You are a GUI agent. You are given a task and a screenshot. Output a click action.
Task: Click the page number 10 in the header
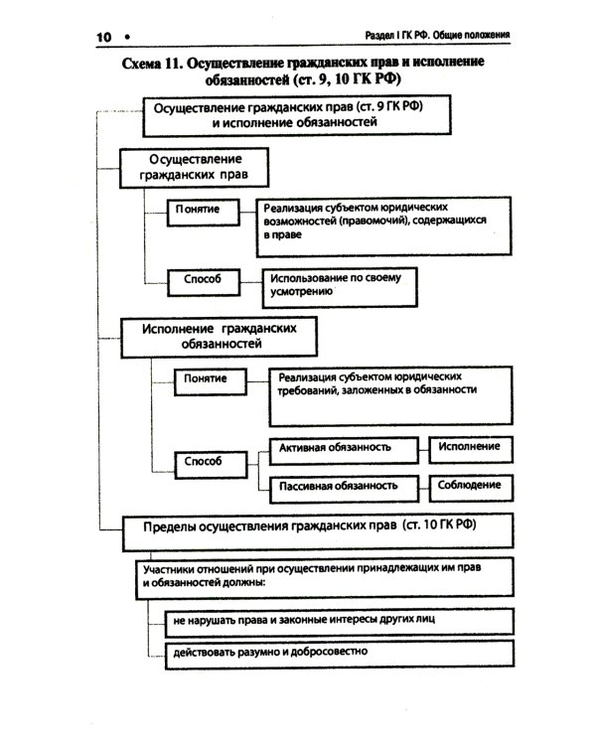tap(103, 37)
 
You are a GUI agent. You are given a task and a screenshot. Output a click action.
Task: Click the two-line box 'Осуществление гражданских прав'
tap(195, 166)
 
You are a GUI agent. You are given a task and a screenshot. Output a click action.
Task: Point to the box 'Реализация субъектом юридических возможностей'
tap(382, 224)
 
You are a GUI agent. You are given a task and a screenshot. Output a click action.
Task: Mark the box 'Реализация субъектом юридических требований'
tap(390, 393)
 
